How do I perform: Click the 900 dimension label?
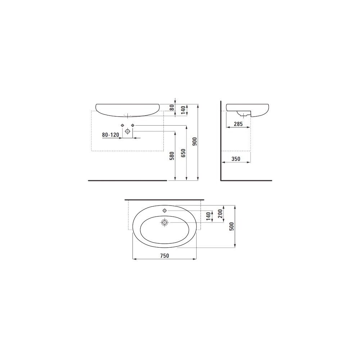pyautogui.click(x=195, y=141)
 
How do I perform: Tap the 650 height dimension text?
pyautogui.click(x=183, y=153)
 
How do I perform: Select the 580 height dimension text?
pyautogui.click(x=172, y=156)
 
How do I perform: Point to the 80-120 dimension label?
pyautogui.click(x=111, y=135)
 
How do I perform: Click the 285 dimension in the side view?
pyautogui.click(x=238, y=124)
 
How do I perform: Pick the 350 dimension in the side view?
pyautogui.click(x=236, y=159)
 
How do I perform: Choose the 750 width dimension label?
pyautogui.click(x=165, y=256)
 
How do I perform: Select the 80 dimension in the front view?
pyautogui.click(x=172, y=107)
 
